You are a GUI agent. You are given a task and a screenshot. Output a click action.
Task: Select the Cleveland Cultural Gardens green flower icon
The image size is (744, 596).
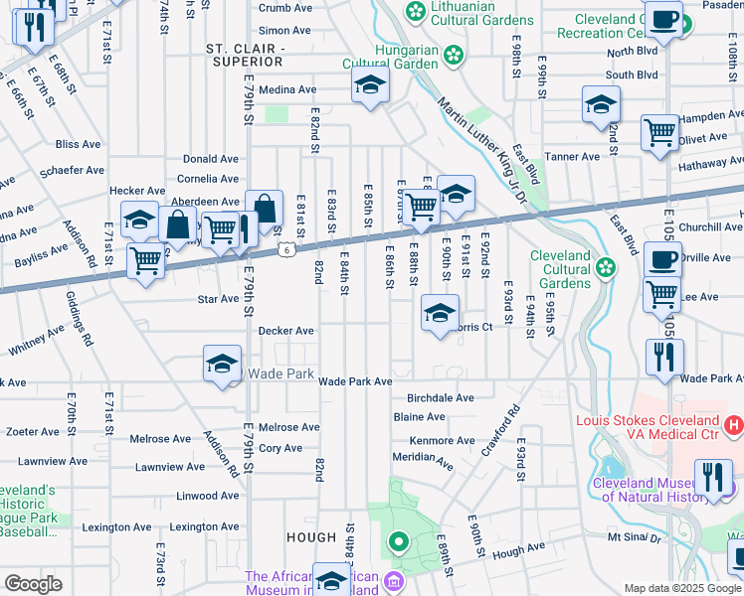pyautogui.click(x=605, y=267)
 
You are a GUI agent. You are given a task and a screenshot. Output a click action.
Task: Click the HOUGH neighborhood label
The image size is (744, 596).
pyautogui.click(x=312, y=537)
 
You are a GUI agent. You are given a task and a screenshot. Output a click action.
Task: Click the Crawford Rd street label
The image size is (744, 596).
pyautogui.click(x=506, y=428)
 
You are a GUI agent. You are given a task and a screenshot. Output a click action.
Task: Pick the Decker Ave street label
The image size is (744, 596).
pyautogui.click(x=286, y=331)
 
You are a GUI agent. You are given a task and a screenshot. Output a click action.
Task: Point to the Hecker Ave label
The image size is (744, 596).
pyautogui.click(x=137, y=191)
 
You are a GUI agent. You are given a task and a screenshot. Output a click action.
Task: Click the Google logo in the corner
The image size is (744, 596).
pyautogui.click(x=32, y=584)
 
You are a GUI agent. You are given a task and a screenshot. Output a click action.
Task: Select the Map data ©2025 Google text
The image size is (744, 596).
pyautogui.click(x=681, y=588)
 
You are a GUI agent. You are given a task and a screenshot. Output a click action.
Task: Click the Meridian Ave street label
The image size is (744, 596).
pyautogui.click(x=423, y=459)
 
